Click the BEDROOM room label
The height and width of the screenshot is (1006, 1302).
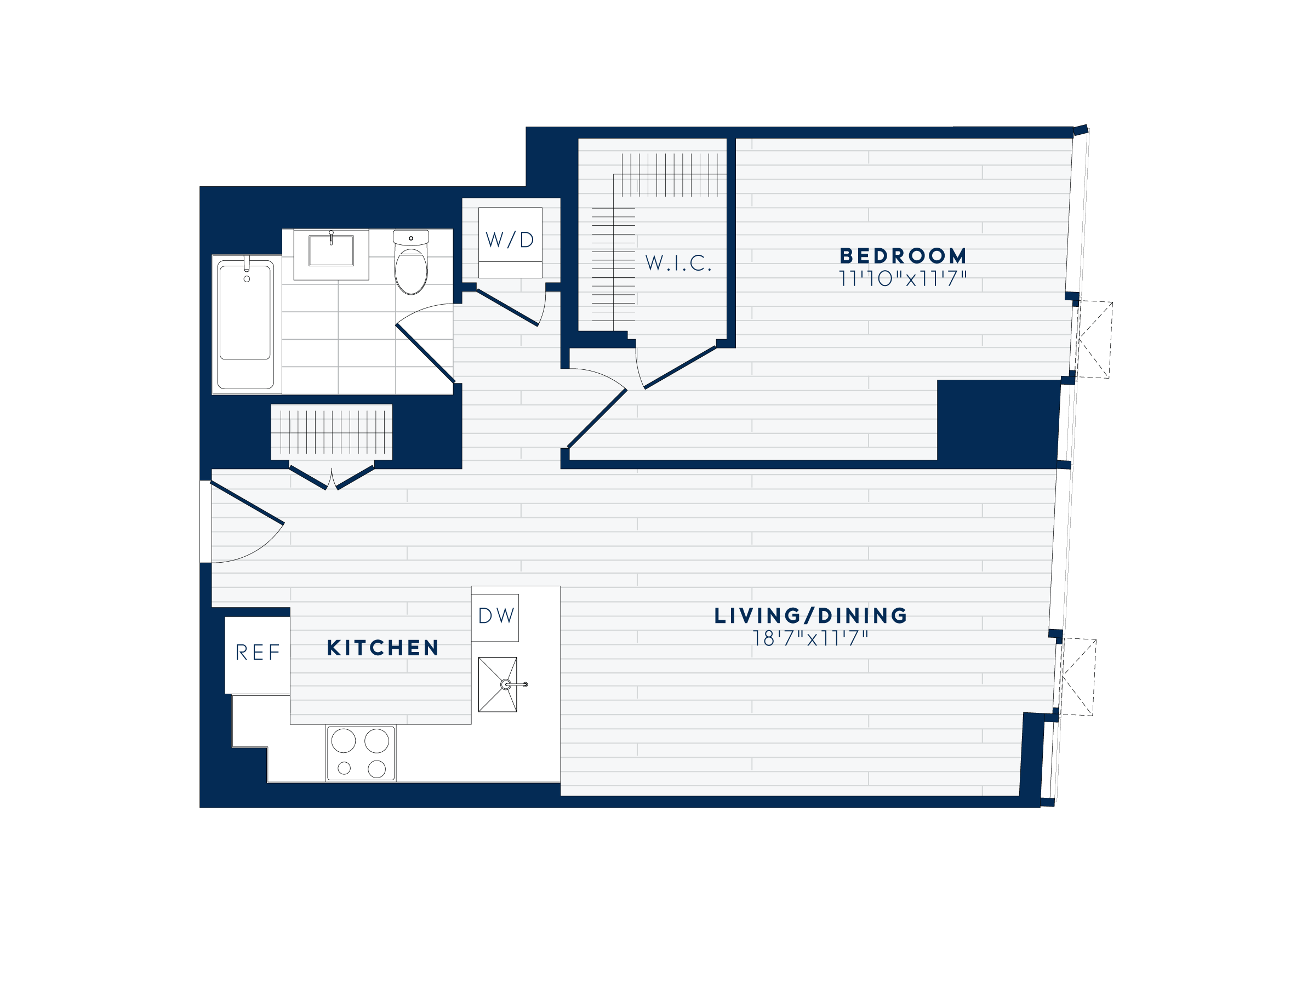pyautogui.click(x=903, y=256)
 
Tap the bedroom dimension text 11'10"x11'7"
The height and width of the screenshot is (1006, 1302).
pyautogui.click(x=903, y=279)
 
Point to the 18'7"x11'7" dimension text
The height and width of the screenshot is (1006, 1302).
pyautogui.click(x=811, y=638)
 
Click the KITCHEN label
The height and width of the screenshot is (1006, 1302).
pyautogui.click(x=382, y=648)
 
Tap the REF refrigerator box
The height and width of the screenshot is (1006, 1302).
pyautogui.click(x=258, y=654)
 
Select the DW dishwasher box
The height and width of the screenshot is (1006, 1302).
pyautogui.click(x=495, y=616)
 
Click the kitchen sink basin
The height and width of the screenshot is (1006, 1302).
pyautogui.click(x=498, y=684)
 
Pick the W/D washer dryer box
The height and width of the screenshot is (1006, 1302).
pyautogui.click(x=510, y=242)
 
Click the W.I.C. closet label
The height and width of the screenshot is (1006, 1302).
pyautogui.click(x=678, y=263)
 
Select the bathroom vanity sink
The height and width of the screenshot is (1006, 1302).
pyautogui.click(x=331, y=251)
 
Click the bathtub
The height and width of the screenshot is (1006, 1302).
pyautogui.click(x=244, y=325)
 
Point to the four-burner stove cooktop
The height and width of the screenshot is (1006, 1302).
pyautogui.click(x=361, y=753)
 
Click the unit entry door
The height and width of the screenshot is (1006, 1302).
pyautogui.click(x=247, y=503)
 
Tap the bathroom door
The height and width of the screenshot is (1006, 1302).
pyautogui.click(x=425, y=353)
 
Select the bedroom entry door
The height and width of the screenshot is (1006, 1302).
pyautogui.click(x=597, y=417)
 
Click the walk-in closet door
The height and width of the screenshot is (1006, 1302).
pyautogui.click(x=679, y=367)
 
